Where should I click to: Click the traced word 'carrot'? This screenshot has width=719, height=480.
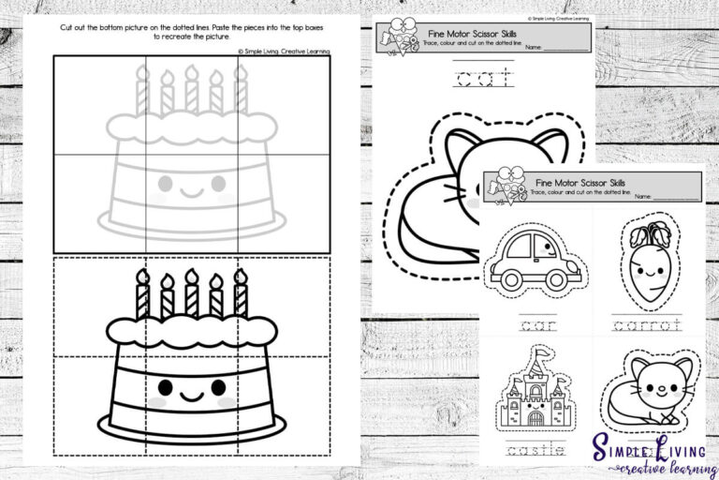pos(646,325)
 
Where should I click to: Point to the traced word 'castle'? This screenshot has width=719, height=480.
pos(532,451)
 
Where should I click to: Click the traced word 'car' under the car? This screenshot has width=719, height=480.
pos(532,325)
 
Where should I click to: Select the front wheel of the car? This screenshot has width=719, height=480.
pos(560,278)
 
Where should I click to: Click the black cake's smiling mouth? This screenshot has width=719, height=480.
pos(192,396)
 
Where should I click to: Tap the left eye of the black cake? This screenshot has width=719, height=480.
pos(165,386)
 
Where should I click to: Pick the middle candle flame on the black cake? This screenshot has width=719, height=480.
pos(191,276)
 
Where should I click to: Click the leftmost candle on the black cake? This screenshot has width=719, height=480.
pos(142,295)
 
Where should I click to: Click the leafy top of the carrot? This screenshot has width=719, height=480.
pos(648,233)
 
